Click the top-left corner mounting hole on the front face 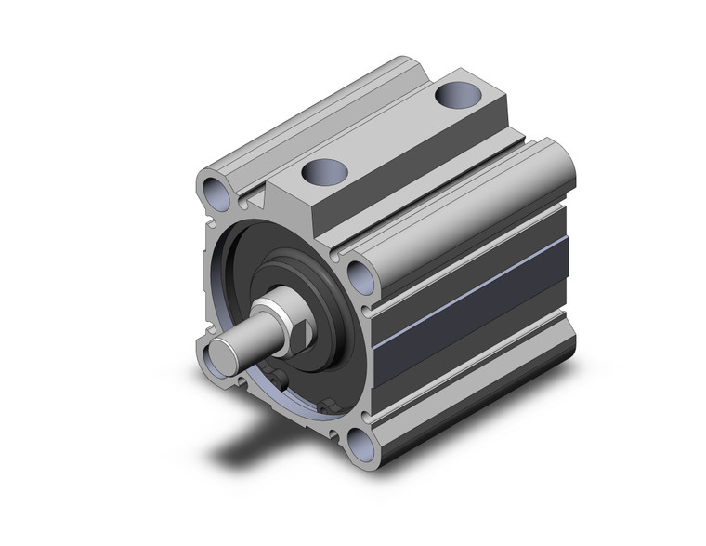point(217,193)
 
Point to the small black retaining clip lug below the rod point(324,407)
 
